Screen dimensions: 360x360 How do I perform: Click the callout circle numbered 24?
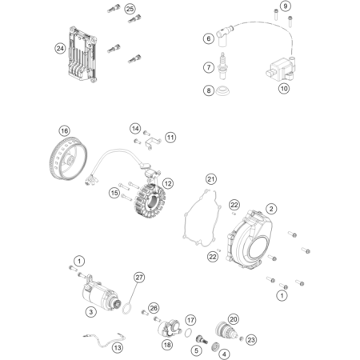click(60, 49)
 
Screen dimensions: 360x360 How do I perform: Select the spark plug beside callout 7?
click(222, 66)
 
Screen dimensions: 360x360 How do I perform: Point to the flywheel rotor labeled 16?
click(68, 158)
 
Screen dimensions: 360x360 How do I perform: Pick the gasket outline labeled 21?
click(202, 218)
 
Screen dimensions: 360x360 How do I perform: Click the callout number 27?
click(139, 278)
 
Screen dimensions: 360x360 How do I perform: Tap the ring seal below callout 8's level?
click(223, 91)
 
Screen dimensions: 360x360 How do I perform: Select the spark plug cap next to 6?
click(223, 35)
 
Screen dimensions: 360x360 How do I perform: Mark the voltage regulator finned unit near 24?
click(82, 54)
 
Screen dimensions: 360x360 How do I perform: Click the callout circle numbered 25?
click(130, 9)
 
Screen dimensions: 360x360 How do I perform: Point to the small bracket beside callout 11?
click(154, 142)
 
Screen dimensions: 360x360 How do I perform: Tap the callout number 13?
click(118, 348)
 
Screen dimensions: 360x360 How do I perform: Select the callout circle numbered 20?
click(234, 319)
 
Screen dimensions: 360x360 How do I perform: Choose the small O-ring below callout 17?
click(188, 333)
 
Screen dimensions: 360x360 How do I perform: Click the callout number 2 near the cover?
click(271, 209)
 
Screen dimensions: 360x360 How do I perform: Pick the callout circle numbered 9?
click(286, 6)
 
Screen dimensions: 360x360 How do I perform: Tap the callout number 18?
click(167, 345)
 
